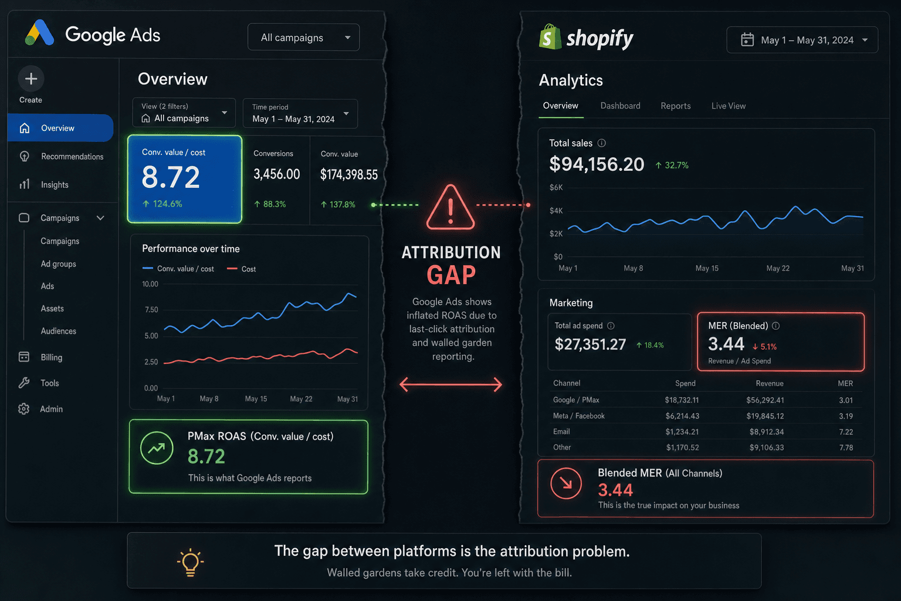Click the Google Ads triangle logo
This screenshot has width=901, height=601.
pos(39,33)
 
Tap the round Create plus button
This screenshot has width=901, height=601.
pos(31,79)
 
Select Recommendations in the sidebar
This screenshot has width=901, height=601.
pos(72,157)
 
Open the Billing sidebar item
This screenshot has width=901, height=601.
pos(52,357)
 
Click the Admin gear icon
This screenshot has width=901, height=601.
pos(23,409)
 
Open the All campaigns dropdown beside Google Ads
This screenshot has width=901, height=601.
pos(304,38)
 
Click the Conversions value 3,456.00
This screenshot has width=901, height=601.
pos(277,174)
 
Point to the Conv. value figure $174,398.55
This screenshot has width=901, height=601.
pos(349,175)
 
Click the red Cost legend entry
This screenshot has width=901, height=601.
pos(241,269)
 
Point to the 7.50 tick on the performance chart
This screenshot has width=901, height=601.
pos(151,309)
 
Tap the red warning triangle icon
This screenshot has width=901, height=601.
pos(450,207)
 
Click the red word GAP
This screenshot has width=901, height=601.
pos(451,275)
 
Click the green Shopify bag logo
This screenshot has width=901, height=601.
pos(550,37)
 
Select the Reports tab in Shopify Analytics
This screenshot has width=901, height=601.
pos(676,106)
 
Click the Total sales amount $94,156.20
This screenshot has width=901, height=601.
pos(597,164)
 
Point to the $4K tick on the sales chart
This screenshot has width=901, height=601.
pos(556,211)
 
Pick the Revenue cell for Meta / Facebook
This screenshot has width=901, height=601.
pos(765,416)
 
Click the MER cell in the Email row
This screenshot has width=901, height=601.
pos(846,432)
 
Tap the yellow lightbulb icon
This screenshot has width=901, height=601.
pos(190,562)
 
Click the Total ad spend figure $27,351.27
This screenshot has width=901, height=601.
pos(590,345)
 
